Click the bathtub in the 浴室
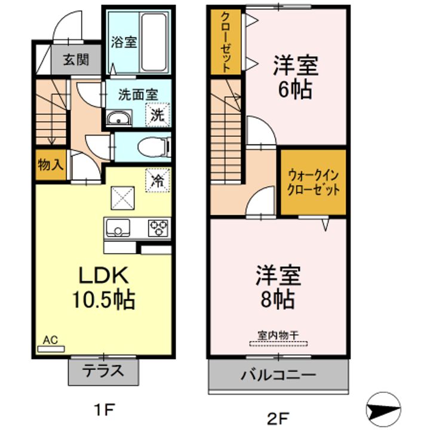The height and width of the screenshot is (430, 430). point(154,42)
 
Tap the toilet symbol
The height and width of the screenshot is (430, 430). point(154,148)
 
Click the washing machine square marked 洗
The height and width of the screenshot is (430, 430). point(158,115)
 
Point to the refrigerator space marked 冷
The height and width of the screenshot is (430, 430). point(158,180)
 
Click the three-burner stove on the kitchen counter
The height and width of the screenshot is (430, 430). point(158,228)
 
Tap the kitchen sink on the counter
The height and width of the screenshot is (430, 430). point(118,228)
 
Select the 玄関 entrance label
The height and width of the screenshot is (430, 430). point(76,60)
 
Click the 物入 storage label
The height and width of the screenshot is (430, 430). point(51,165)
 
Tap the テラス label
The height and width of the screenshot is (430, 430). point(103,371)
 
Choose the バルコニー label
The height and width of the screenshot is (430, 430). point(278,375)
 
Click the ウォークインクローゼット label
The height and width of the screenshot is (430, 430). point(313,182)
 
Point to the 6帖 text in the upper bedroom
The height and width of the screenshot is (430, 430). point(296,90)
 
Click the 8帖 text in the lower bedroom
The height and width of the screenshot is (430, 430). point(278,299)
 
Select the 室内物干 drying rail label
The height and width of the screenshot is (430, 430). point(278,335)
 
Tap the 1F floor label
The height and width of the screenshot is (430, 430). point(104,410)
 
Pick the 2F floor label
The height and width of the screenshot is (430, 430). point(278,418)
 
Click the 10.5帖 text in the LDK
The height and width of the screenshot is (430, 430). point(103,300)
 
